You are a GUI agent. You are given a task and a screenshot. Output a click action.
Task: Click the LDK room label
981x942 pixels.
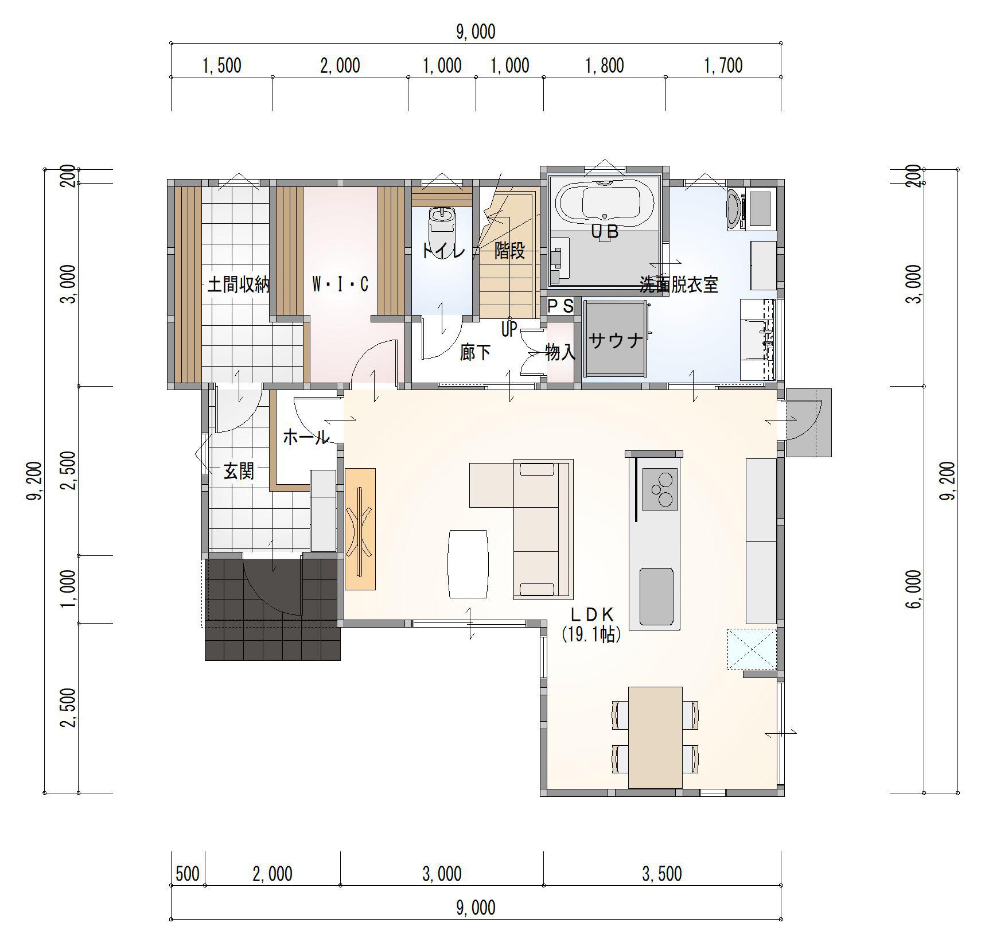[x=592, y=614]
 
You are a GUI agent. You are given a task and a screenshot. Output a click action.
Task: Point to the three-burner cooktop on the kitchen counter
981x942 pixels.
[x=660, y=489]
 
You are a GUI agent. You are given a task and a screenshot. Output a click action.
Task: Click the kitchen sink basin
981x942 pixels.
[x=656, y=596]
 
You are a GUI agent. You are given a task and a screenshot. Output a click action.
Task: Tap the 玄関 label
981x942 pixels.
[x=239, y=472]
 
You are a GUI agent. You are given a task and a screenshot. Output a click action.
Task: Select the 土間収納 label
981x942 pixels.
[x=238, y=285]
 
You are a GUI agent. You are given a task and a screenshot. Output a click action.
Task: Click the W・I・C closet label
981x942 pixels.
[x=340, y=284]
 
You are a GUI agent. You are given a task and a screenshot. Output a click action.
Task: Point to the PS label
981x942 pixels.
[x=560, y=306]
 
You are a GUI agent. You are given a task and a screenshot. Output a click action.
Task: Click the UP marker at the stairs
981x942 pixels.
[x=509, y=329]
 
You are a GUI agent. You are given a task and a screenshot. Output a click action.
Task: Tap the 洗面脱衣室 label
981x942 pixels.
[x=679, y=285]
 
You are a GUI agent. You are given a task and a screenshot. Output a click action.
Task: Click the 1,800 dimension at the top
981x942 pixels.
[x=604, y=65]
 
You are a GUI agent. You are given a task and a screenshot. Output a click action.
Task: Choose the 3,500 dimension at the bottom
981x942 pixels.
[x=662, y=873]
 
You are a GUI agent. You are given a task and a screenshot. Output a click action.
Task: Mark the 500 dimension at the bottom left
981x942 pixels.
[x=188, y=873]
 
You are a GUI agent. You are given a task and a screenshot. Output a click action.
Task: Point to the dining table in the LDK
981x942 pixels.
[x=655, y=737]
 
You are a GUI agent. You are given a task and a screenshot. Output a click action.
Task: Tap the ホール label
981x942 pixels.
[x=306, y=438]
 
